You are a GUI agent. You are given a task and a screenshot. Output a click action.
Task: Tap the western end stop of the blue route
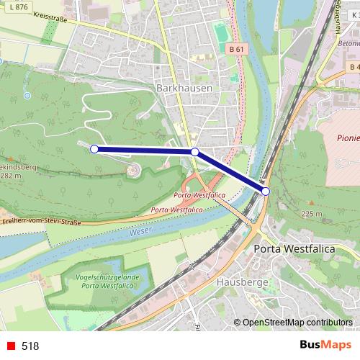tap(94, 148)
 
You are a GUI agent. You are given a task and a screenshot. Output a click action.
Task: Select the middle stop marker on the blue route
tap(194, 152)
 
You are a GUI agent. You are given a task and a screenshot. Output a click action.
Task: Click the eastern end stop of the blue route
tap(266, 191)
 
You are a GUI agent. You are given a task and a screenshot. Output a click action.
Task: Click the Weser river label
tap(140, 233)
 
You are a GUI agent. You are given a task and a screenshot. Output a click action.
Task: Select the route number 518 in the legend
tap(30, 346)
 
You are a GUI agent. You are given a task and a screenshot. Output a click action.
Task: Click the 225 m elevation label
tap(312, 214)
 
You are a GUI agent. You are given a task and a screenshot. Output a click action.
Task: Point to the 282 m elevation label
tap(9, 175)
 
